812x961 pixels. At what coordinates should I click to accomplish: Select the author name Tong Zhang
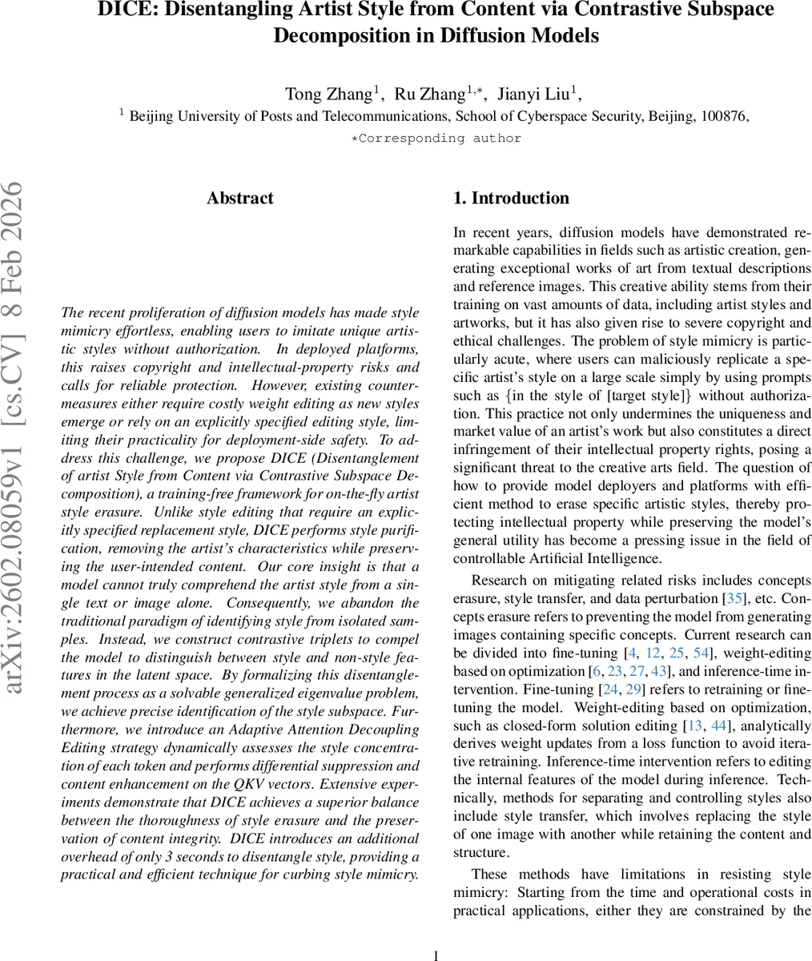pyautogui.click(x=329, y=94)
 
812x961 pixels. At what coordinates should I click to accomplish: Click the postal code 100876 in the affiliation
pyautogui.click(x=724, y=116)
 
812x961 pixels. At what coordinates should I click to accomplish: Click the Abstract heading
pyautogui.click(x=239, y=199)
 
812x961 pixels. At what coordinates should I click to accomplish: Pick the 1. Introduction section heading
pyautogui.click(x=511, y=199)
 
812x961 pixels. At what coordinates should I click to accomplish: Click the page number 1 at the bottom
pyautogui.click(x=436, y=955)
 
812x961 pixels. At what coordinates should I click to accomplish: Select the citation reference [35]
pyautogui.click(x=734, y=599)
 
